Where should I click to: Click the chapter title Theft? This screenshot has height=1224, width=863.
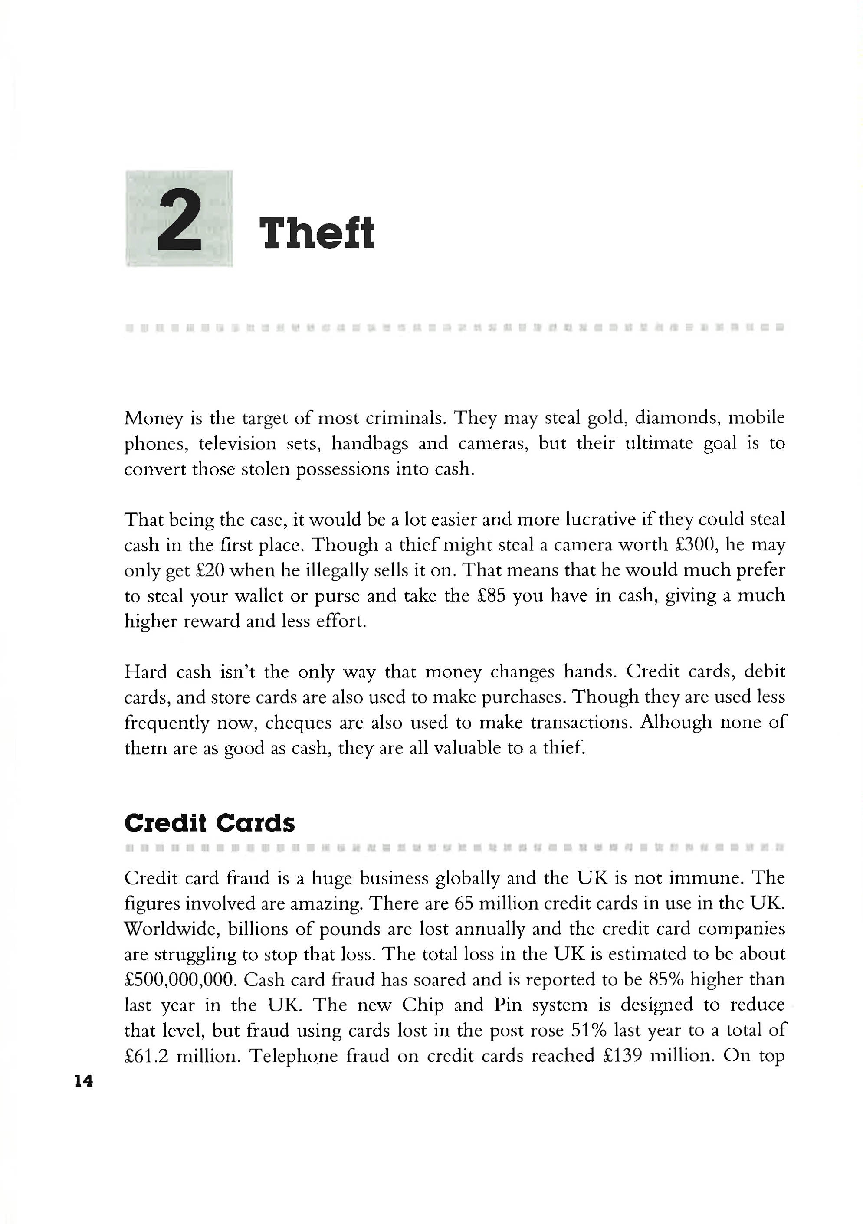point(316,233)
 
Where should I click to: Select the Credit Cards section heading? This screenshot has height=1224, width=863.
point(209,823)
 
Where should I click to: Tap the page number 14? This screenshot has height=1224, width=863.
point(84,1080)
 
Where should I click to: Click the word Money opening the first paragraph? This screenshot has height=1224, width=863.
point(154,419)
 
